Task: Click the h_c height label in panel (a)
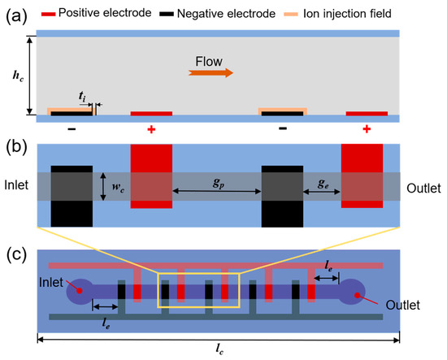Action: click(19, 75)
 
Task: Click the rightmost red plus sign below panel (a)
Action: click(367, 129)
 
